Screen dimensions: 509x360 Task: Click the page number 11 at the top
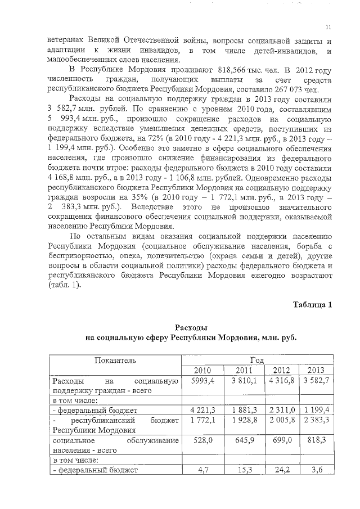[328, 27]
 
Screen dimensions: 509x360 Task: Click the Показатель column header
[115, 359]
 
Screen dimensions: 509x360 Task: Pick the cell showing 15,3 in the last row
[242, 470]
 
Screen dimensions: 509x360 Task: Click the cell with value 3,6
[316, 470]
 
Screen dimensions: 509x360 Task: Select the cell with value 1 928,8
[242, 420]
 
